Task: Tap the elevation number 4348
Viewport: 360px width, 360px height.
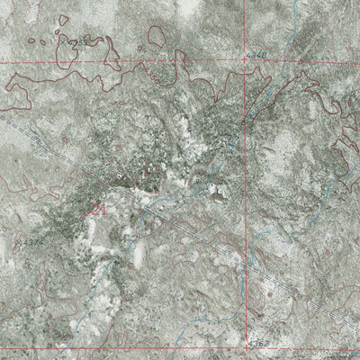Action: (x=260, y=56)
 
